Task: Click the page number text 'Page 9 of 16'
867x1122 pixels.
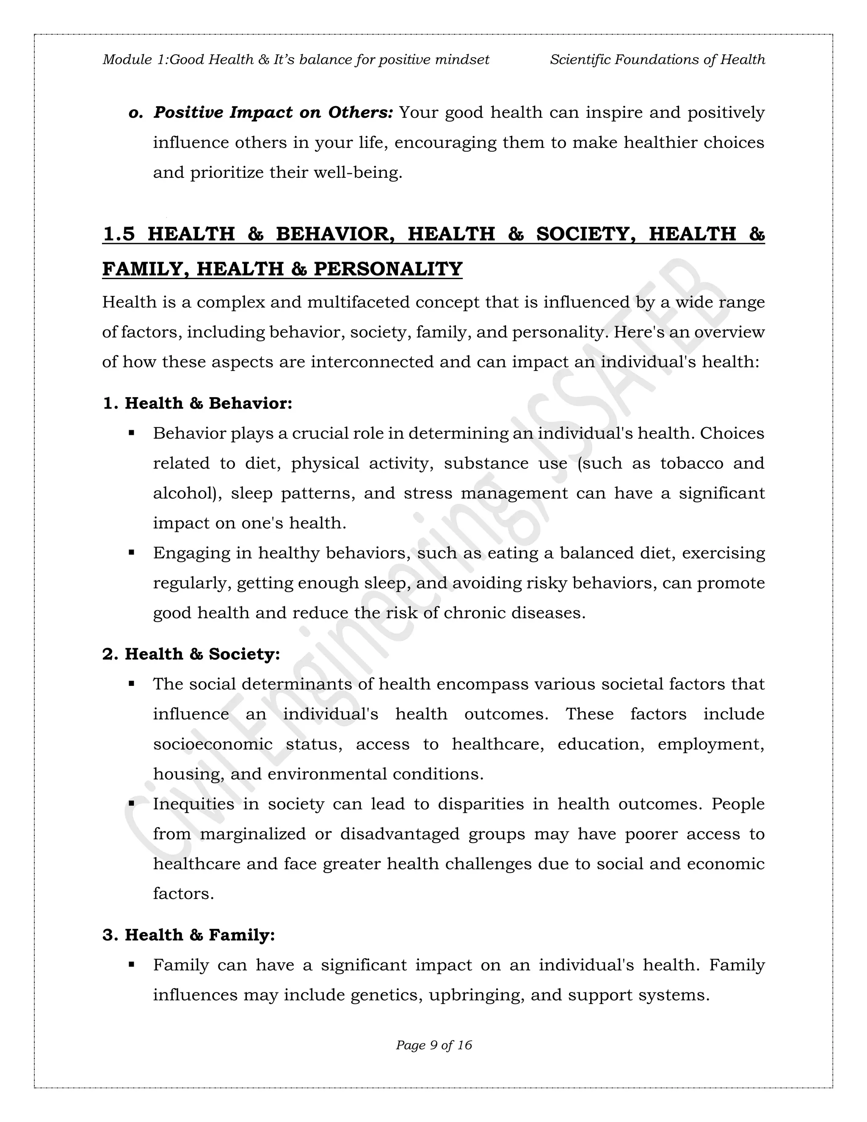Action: (x=433, y=1045)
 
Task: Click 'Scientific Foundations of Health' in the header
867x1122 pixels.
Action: (x=657, y=60)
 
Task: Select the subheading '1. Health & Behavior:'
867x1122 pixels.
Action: (x=197, y=403)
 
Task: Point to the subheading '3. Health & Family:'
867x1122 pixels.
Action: (x=188, y=934)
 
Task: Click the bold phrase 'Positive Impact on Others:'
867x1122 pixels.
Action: (x=273, y=113)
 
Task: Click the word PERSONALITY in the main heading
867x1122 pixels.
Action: (x=388, y=269)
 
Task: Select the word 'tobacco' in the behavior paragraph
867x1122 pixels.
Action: (x=692, y=463)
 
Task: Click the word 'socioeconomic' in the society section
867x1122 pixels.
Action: (x=213, y=744)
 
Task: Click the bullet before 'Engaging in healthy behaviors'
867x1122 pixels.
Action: (x=132, y=553)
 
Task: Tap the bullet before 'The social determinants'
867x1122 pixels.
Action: (x=132, y=684)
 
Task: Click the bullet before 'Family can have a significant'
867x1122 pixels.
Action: (x=132, y=965)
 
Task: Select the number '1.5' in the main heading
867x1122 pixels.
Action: (x=119, y=234)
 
